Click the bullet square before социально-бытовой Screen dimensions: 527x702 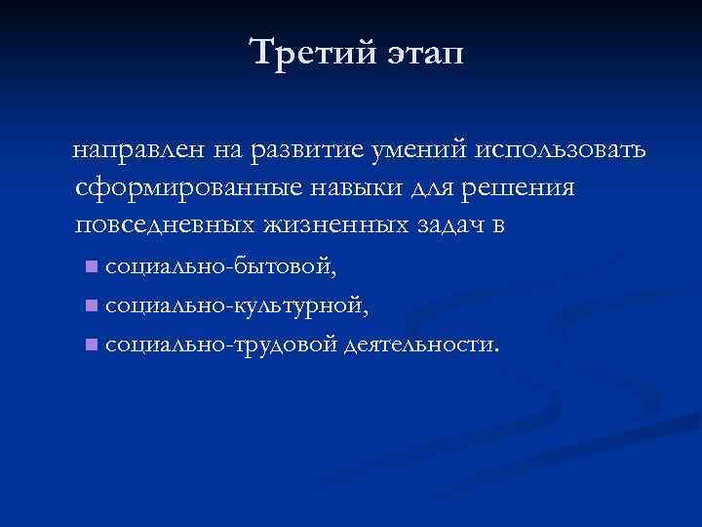point(90,265)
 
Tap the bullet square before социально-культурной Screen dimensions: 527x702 point(90,304)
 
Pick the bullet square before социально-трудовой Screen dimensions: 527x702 point(90,344)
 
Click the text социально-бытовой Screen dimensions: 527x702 point(219,264)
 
